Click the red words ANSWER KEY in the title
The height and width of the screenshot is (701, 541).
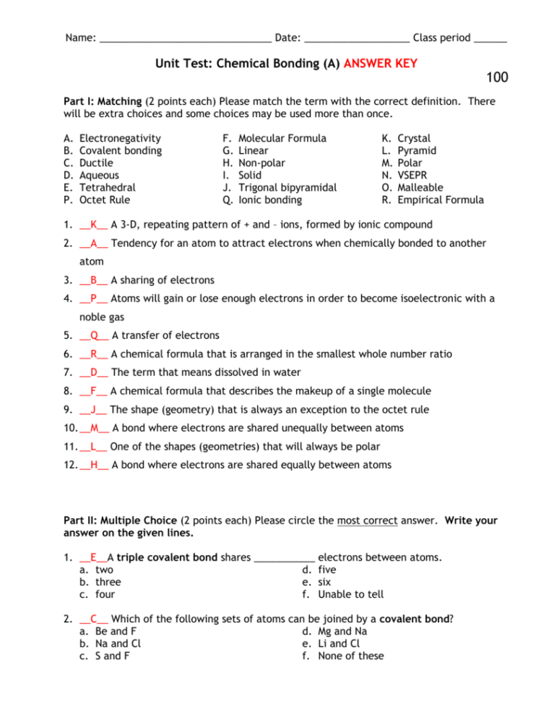coord(380,64)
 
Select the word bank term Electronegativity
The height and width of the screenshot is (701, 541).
coord(120,138)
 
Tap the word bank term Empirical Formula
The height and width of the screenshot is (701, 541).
coord(441,199)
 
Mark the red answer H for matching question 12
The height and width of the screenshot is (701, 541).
coord(95,465)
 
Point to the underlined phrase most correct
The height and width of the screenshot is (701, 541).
coord(367,520)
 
